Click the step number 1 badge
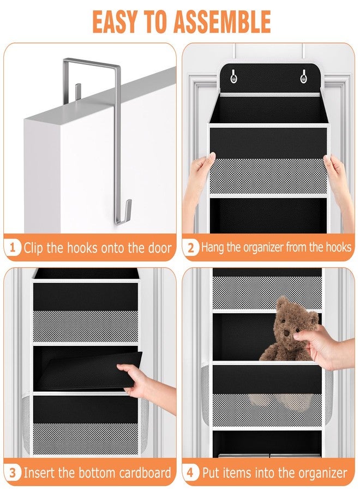click(x=12, y=248)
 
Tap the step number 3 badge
click(x=12, y=472)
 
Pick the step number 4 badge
click(x=190, y=472)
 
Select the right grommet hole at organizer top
click(x=303, y=78)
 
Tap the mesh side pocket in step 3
click(x=27, y=426)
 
